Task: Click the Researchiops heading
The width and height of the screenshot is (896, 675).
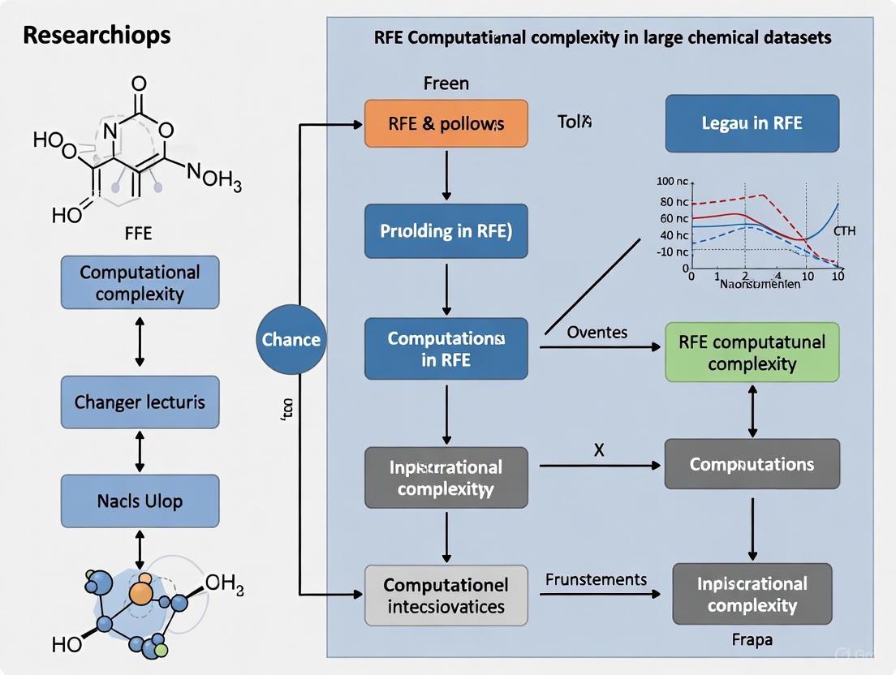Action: point(97,36)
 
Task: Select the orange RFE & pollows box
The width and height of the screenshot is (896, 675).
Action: point(446,123)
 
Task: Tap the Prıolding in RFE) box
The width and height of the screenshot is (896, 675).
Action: point(446,230)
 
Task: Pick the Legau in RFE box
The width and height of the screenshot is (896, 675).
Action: point(752,123)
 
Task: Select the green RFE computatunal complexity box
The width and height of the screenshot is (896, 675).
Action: point(752,352)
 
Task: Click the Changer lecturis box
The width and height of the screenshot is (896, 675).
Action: point(140,402)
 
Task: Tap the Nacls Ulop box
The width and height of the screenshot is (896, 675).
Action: point(140,501)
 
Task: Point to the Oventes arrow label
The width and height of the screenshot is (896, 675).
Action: point(597,333)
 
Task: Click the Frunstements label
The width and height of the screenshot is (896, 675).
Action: point(597,579)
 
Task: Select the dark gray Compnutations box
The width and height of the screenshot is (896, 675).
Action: point(752,464)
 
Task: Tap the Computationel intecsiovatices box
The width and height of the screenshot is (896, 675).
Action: point(446,595)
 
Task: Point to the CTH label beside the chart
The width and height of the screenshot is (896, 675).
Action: point(844,231)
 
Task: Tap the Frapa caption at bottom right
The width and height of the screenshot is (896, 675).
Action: point(752,640)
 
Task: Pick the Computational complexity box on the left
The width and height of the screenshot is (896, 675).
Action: point(140,282)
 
